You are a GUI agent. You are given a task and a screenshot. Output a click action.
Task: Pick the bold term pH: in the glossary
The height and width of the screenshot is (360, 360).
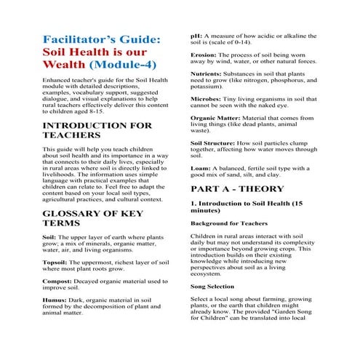(196, 36)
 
